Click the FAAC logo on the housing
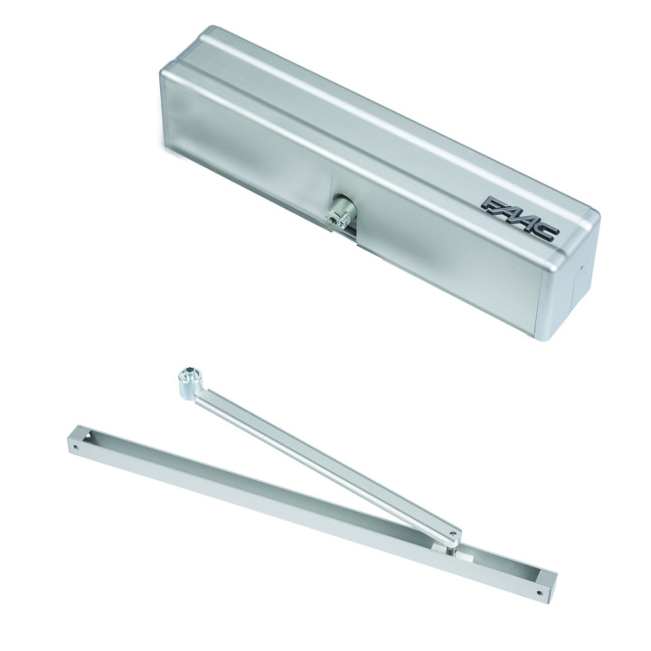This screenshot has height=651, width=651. (521, 219)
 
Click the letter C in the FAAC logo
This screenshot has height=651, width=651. (547, 232)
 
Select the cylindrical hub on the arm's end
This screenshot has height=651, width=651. (189, 382)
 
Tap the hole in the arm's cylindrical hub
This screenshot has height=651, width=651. (189, 372)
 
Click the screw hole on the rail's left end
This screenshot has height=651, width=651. (75, 448)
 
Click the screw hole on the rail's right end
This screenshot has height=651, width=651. (539, 594)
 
